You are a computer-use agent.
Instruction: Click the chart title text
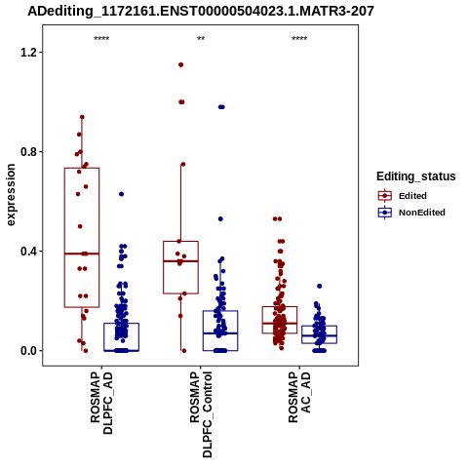tap(201, 12)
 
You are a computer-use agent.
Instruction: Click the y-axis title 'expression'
tap(11, 195)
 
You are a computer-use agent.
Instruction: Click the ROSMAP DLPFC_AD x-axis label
tap(101, 403)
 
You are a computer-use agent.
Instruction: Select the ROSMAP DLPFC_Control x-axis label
tap(201, 414)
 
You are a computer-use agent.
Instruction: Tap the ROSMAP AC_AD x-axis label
tap(299, 397)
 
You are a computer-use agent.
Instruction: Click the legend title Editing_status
tap(416, 176)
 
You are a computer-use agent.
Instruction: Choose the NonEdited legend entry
tap(411, 213)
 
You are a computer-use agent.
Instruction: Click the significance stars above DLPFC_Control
tap(201, 39)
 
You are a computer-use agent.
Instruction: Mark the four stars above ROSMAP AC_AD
tap(299, 39)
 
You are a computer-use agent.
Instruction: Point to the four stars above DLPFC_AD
tap(101, 39)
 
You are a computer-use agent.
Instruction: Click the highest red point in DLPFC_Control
tap(181, 64)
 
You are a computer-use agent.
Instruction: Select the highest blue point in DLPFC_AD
tap(121, 194)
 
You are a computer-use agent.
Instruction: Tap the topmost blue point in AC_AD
tap(320, 286)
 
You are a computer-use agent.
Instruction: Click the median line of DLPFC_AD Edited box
tap(82, 253)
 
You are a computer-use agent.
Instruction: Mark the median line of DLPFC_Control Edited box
tap(181, 261)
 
